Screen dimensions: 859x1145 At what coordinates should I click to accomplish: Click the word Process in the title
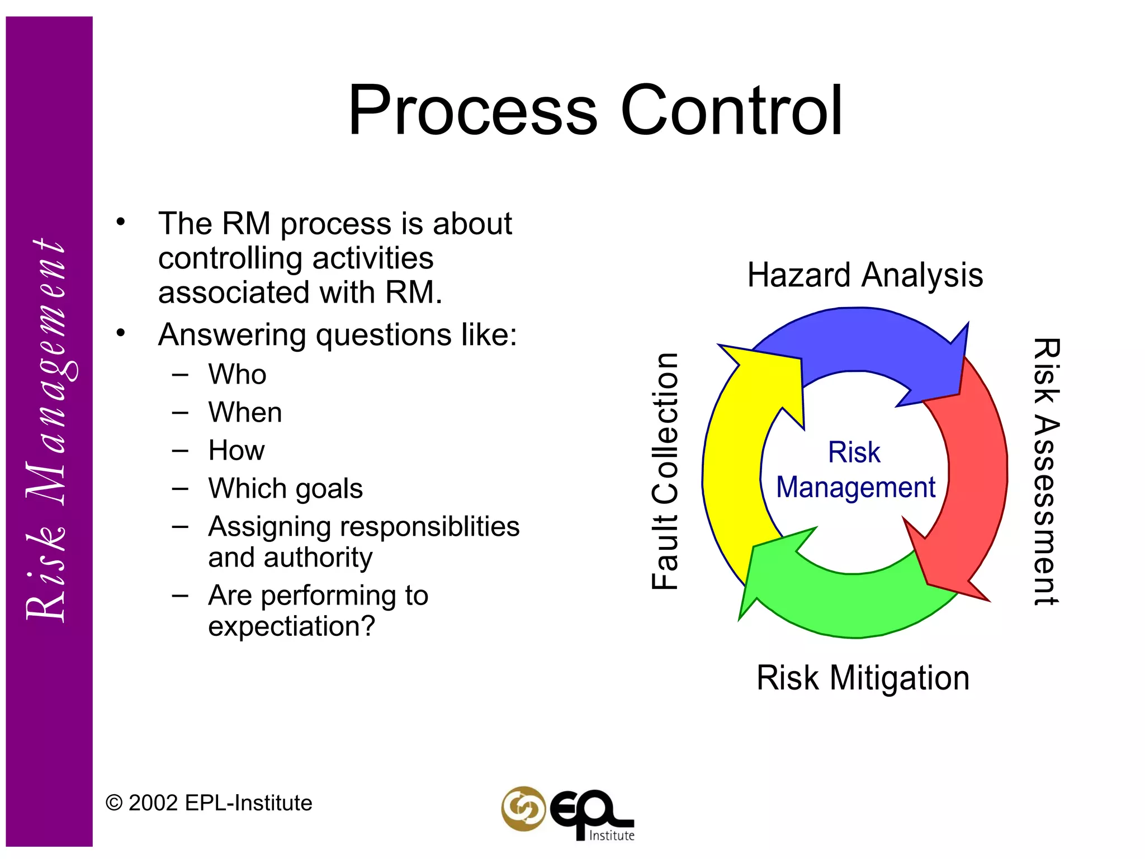pos(472,111)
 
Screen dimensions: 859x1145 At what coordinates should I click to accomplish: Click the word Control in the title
pos(731,111)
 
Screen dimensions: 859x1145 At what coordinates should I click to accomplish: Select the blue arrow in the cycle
pos(861,341)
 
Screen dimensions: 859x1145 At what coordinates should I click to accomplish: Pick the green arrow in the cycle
pos(850,604)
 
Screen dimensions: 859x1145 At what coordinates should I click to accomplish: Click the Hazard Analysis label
pos(865,275)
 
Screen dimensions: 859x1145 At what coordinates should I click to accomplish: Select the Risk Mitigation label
pos(863,678)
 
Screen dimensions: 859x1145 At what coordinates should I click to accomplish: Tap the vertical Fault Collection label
pos(665,471)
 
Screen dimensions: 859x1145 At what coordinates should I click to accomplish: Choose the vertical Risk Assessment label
pos(1045,471)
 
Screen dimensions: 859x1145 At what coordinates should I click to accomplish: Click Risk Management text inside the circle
pos(855,470)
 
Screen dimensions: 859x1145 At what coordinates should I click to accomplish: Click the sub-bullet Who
pos(237,374)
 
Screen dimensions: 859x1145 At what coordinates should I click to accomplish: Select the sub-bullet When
pos(245,412)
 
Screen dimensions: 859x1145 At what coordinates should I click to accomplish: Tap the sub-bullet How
pos(236,450)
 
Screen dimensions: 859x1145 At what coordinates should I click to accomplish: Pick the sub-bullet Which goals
pos(285,488)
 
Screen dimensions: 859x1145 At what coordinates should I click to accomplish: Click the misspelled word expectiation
pos(291,626)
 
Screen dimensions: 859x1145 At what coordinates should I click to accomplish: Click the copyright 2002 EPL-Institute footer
pos(209,803)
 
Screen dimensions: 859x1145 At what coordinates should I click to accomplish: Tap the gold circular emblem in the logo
pos(523,808)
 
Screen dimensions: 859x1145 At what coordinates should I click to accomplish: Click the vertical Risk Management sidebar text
pos(47,431)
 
